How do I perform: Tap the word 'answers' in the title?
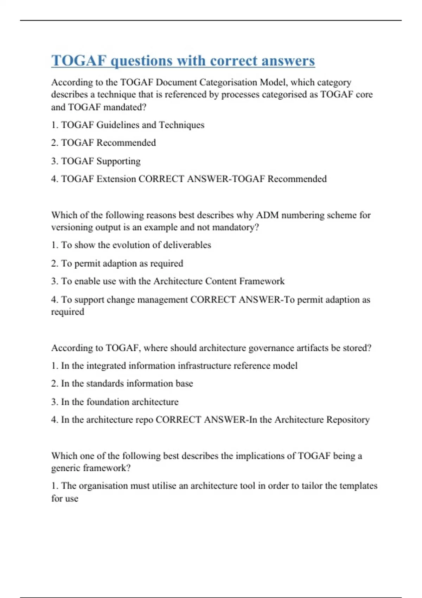[288, 61]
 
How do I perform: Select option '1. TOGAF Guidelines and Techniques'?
[128, 125]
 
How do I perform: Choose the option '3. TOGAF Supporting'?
[96, 161]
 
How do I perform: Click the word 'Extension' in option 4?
[116, 179]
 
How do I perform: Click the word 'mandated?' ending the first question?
[124, 107]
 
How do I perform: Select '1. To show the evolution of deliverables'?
[131, 245]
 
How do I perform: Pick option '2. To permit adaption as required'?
[117, 263]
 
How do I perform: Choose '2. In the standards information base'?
[122, 383]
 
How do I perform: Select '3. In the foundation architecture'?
[115, 402]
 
